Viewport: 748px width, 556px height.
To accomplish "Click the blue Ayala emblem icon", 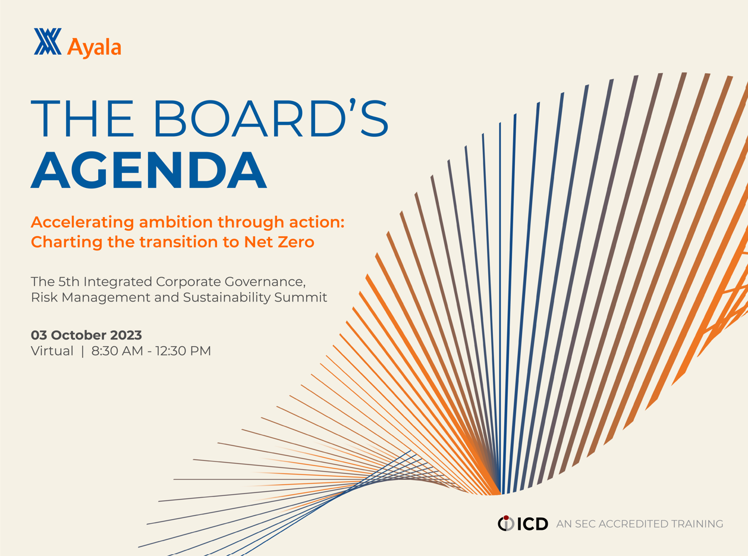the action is [x=48, y=41].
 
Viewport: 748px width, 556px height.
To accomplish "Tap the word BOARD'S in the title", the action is [x=271, y=118].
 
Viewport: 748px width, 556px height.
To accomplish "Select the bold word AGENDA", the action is [x=149, y=170].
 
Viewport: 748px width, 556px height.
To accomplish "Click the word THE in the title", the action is [x=82, y=118].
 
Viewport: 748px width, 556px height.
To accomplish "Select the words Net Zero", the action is [x=279, y=242].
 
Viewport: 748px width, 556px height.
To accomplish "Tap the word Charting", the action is [x=67, y=243].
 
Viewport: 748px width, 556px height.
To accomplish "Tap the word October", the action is [x=78, y=335].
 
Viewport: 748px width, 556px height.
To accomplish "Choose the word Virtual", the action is [x=52, y=351].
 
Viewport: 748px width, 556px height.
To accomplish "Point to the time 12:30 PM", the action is [x=183, y=351].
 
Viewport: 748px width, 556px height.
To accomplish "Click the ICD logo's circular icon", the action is [x=506, y=523].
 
